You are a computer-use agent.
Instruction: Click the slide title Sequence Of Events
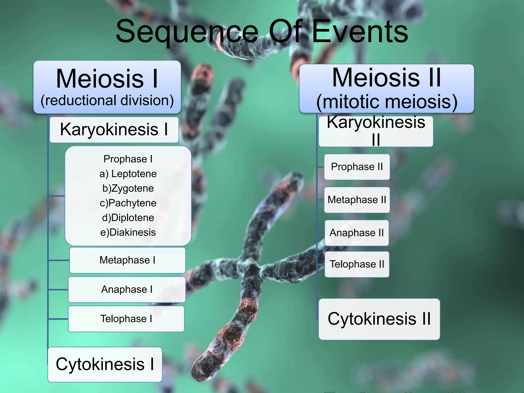click(x=262, y=32)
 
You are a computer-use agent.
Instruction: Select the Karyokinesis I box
click(x=114, y=130)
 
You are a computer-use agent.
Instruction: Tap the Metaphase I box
click(x=127, y=260)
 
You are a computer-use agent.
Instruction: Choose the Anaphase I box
click(x=127, y=289)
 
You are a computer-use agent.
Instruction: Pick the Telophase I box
click(x=126, y=319)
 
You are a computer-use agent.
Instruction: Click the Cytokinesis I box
click(x=105, y=364)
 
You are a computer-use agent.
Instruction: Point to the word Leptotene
click(x=134, y=174)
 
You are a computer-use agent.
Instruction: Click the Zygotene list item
click(x=128, y=188)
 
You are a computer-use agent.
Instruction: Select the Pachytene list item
click(x=128, y=203)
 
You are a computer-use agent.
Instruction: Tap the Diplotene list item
click(x=128, y=218)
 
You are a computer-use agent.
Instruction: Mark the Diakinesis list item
click(x=128, y=232)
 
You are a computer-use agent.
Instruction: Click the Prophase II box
click(x=357, y=167)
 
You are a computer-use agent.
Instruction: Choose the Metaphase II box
click(x=357, y=200)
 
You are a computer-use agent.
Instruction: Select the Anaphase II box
click(x=357, y=233)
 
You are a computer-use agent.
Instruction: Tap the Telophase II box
click(x=357, y=264)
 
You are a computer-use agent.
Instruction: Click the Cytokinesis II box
click(x=379, y=319)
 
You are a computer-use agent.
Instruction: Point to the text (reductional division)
click(x=107, y=100)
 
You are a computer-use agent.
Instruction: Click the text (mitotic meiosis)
click(x=387, y=102)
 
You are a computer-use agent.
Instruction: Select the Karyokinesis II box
click(x=376, y=131)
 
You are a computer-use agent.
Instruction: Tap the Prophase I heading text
click(x=128, y=159)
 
